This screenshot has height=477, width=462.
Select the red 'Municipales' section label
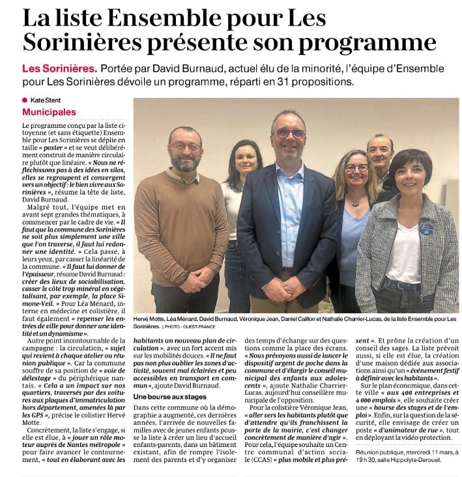pyautogui.click(x=50, y=113)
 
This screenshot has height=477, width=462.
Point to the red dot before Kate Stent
pyautogui.click(x=25, y=99)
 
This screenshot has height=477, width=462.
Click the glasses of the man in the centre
pyautogui.click(x=291, y=133)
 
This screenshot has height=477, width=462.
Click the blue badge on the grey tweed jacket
pyautogui.click(x=426, y=228)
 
